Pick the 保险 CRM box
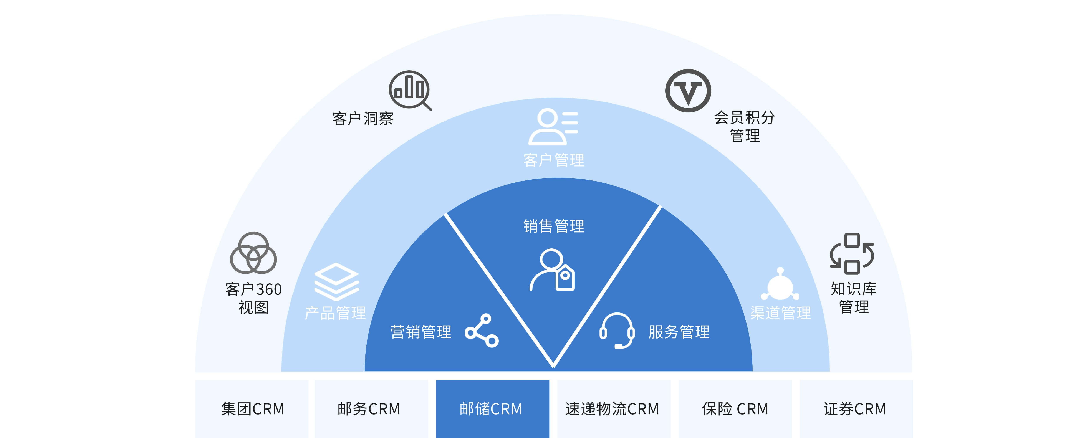point(735,408)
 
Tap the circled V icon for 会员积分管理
point(688,91)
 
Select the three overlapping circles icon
point(253,253)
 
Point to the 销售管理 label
point(554,226)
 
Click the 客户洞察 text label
point(363,119)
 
